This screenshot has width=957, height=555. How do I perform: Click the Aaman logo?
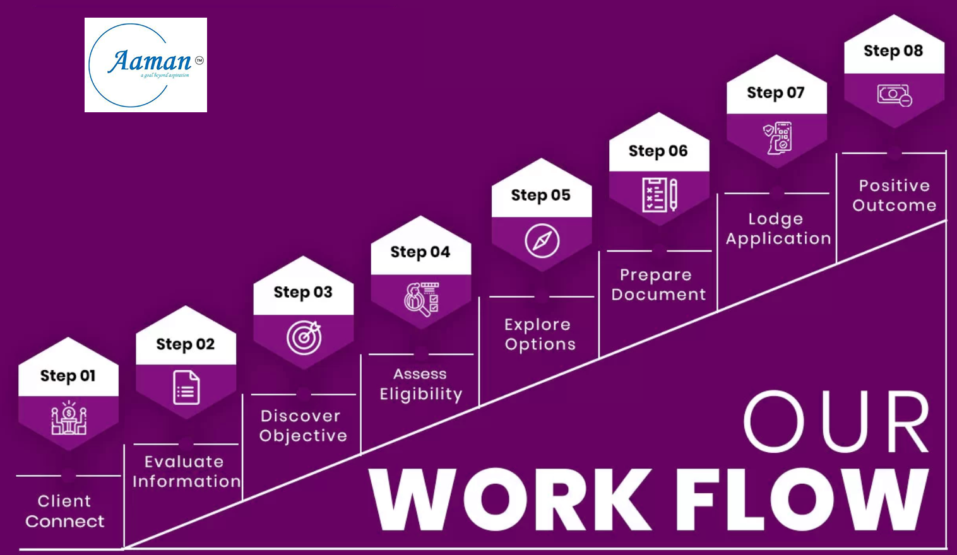pos(146,65)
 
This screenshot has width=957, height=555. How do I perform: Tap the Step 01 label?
pos(68,376)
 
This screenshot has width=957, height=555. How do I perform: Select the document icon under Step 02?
pos(186,388)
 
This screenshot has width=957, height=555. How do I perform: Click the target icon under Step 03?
pos(304,337)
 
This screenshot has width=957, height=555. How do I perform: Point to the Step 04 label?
pos(420,252)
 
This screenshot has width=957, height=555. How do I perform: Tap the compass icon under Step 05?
pos(542,241)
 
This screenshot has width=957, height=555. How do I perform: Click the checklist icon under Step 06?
pos(660,195)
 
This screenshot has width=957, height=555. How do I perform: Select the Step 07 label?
pos(775,93)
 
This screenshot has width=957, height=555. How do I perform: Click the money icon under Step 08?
pos(895,95)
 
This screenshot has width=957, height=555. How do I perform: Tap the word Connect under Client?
pos(65,522)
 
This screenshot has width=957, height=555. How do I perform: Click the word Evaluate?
pos(184,462)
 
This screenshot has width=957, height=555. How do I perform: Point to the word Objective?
pos(304,436)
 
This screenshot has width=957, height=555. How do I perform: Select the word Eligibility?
pos(421,394)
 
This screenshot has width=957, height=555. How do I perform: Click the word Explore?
pos(537,325)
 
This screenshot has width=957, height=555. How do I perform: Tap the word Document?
pos(658,295)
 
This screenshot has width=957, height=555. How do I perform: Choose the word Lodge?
pos(776,219)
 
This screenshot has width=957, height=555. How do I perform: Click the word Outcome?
pos(895,206)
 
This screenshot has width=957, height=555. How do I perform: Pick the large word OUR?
pos(836,421)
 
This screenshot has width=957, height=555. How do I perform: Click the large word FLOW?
pos(802,500)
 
